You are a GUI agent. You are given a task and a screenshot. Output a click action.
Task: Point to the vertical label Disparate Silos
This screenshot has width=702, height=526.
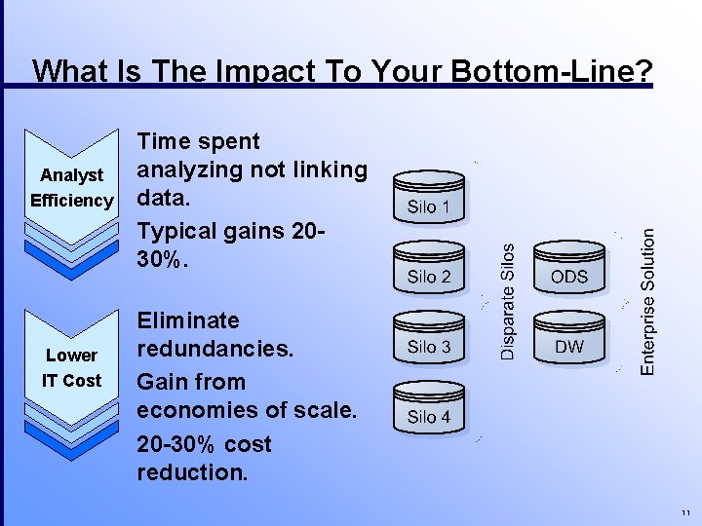tap(507, 300)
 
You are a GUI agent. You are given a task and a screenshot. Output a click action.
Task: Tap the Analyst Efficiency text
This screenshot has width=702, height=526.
tap(72, 188)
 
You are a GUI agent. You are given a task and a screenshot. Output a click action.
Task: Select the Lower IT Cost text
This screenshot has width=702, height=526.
tap(72, 368)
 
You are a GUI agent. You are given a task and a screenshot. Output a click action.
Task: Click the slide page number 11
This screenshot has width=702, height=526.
tap(686, 513)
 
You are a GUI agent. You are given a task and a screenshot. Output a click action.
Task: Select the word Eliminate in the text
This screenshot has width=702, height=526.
tap(187, 320)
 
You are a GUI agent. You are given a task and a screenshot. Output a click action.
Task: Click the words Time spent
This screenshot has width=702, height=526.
tap(198, 141)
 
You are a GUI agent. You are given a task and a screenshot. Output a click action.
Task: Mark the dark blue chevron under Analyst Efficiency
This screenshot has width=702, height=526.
tap(72, 254)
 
